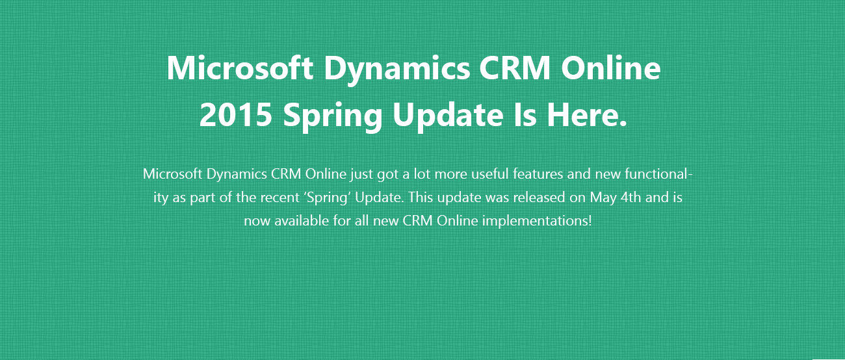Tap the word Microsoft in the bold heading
coord(240,68)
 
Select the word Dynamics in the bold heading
coord(397,70)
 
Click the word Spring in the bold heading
coord(333,117)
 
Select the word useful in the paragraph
coord(490,174)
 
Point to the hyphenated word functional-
coord(658,174)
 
